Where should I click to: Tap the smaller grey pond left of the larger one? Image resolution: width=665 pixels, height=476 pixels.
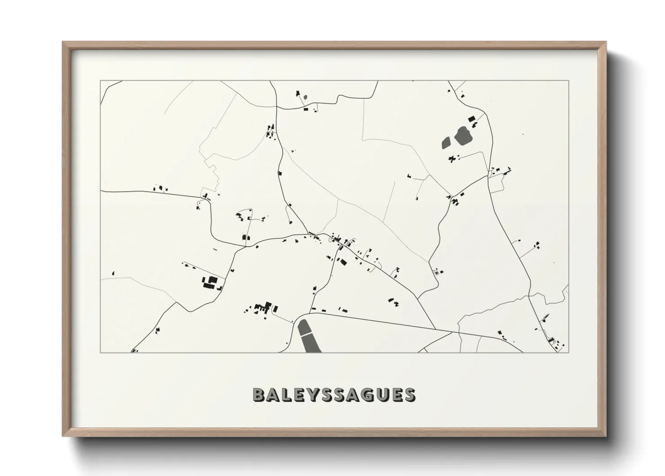(447, 143)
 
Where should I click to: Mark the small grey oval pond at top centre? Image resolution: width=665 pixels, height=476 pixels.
(306, 96)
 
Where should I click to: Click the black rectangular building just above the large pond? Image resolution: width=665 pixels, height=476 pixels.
(471, 118)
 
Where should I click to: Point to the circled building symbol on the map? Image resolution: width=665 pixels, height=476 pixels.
(435, 272)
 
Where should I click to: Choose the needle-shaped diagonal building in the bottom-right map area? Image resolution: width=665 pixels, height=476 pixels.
(546, 318)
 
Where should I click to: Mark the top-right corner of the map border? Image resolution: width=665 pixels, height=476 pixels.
(568, 81)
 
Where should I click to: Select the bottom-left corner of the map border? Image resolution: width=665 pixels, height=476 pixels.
(101, 352)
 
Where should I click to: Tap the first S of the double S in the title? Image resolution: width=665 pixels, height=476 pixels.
(327, 395)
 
